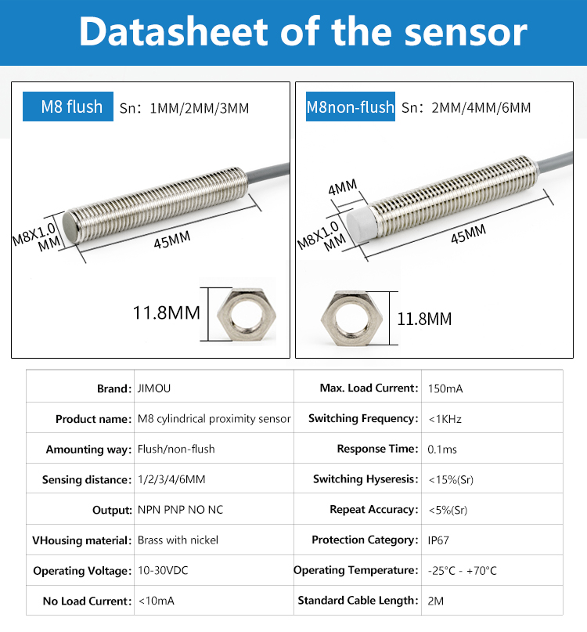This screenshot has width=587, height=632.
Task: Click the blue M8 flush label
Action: pos(67,107)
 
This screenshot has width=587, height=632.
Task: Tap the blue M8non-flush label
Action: pos(350,107)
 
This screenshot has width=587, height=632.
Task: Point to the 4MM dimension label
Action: pos(343,187)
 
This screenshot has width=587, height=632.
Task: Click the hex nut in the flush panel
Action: pos(247,314)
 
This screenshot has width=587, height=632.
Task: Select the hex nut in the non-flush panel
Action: pos(351,319)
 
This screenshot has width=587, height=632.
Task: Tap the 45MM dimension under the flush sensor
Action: pos(172,240)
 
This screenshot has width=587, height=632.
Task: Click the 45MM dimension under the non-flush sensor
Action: pos(468,234)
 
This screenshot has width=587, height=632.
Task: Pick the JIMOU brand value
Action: pos(154,388)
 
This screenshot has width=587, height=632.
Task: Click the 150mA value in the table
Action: pos(445,388)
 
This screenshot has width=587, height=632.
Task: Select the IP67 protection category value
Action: pos(438,540)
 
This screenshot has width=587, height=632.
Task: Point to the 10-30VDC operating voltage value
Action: pos(163,570)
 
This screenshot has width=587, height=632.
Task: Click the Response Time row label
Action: pos(377,449)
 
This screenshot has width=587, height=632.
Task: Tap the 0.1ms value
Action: pos(442,449)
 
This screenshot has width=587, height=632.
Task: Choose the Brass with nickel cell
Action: pos(178,540)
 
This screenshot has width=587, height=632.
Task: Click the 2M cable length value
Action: pos(435,601)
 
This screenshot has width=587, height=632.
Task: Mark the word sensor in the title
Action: pos(466,32)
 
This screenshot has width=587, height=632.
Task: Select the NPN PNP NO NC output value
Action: pos(180,510)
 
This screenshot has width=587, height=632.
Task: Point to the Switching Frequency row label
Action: pos(363,418)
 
